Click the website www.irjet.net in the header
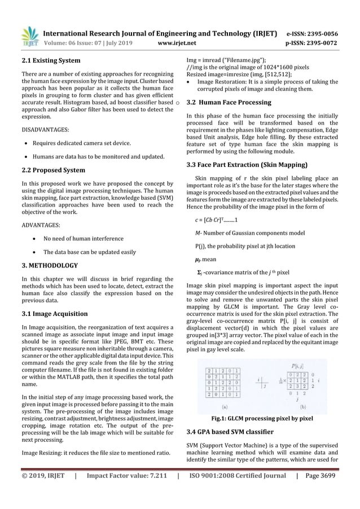click(181, 42)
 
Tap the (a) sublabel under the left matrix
click(224, 406)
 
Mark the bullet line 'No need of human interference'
click(87, 238)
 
